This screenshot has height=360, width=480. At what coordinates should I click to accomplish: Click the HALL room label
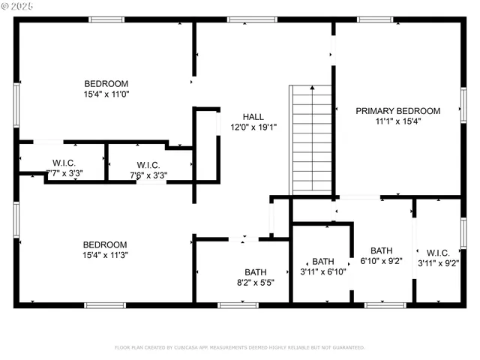(253, 116)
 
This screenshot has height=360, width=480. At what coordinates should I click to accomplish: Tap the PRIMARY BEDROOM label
(397, 110)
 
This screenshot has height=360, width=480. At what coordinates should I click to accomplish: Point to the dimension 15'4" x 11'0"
(106, 94)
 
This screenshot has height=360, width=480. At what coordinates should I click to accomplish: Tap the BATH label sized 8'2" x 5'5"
(255, 272)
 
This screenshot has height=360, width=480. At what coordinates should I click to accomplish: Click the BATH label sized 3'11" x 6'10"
(323, 261)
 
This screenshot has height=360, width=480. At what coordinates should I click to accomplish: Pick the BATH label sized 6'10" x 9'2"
(381, 250)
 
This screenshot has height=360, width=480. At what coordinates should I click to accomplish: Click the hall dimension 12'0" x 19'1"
(253, 127)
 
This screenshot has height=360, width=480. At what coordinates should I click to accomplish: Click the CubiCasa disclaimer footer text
(239, 347)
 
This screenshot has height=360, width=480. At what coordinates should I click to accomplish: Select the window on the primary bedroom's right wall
(463, 106)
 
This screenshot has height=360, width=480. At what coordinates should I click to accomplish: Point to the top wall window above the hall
(242, 19)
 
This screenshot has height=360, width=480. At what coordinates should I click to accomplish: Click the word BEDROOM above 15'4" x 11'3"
(105, 244)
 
